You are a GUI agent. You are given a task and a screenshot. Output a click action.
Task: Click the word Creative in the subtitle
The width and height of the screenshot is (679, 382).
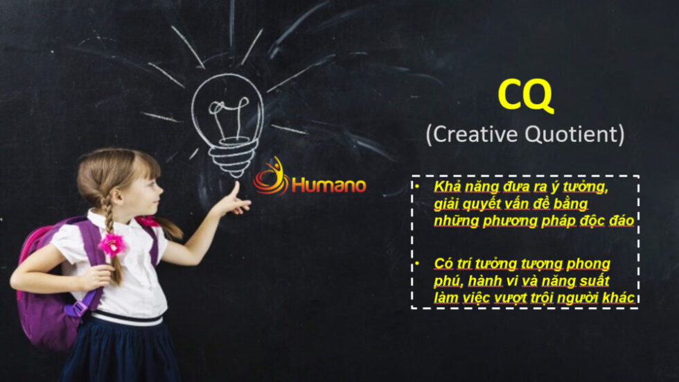475,134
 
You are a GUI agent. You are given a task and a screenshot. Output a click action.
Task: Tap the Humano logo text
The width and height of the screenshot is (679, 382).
328,185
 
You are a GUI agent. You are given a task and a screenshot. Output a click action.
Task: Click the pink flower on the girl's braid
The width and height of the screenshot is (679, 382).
112,244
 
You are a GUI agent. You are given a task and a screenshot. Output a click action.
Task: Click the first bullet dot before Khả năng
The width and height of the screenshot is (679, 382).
417,186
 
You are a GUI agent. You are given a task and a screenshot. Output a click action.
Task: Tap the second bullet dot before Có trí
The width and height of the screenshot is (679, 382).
417,263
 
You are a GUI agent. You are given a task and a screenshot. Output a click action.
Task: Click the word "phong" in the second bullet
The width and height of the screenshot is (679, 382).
588,264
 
